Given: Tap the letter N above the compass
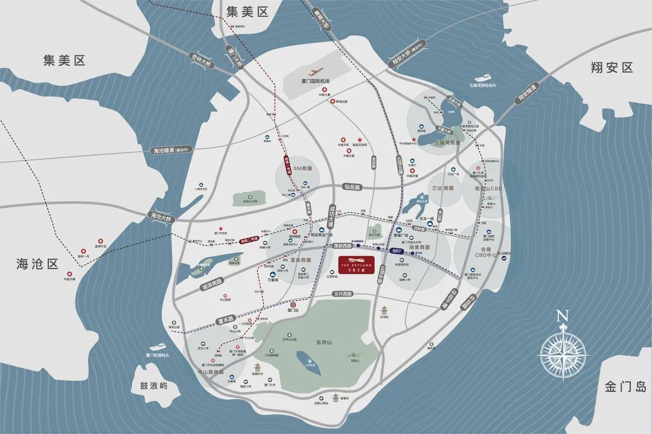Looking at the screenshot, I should pyautogui.click(x=563, y=316).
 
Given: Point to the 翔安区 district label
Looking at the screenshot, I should pyautogui.click(x=612, y=68).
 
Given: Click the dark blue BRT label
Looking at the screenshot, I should pyautogui.click(x=397, y=250).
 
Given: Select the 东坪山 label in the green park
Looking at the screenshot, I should pyautogui.click(x=324, y=343).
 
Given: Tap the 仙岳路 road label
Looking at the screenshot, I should pyautogui.click(x=350, y=187).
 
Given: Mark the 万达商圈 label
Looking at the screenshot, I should pyautogui.click(x=443, y=188).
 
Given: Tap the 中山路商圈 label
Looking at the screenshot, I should pyautogui.click(x=215, y=373).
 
